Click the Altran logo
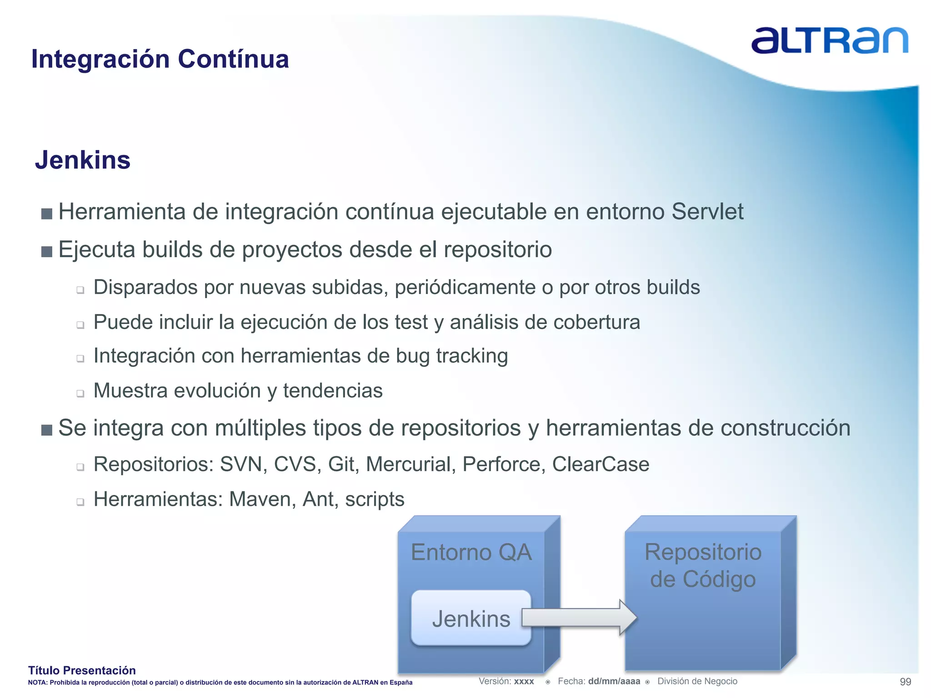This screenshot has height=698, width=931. pyautogui.click(x=829, y=40)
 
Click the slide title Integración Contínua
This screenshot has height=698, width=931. pyautogui.click(x=160, y=59)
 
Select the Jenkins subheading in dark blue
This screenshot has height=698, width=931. pyautogui.click(x=83, y=160)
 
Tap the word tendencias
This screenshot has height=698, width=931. pyautogui.click(x=333, y=391)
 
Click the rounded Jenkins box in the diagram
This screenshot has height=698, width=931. pyautogui.click(x=471, y=618)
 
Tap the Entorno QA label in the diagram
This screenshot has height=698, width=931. pyautogui.click(x=471, y=553)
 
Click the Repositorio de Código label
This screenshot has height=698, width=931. pyautogui.click(x=703, y=566)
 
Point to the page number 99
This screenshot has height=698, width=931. pyautogui.click(x=905, y=682)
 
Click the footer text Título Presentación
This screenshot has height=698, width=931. pyautogui.click(x=82, y=670)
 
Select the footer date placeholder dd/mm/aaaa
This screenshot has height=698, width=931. pyautogui.click(x=614, y=681)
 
